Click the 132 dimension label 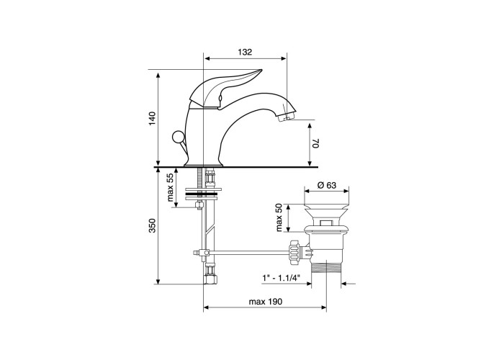pos(245,52)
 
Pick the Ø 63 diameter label pos(326,186)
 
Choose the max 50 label pos(279,217)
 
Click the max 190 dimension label pos(266,302)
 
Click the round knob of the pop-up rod pos(177,138)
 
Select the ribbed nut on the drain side pos(294,252)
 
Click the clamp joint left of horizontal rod pos(202,253)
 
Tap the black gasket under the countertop pos(203,194)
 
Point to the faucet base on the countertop pos(203,164)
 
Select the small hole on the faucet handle pos(220,97)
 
